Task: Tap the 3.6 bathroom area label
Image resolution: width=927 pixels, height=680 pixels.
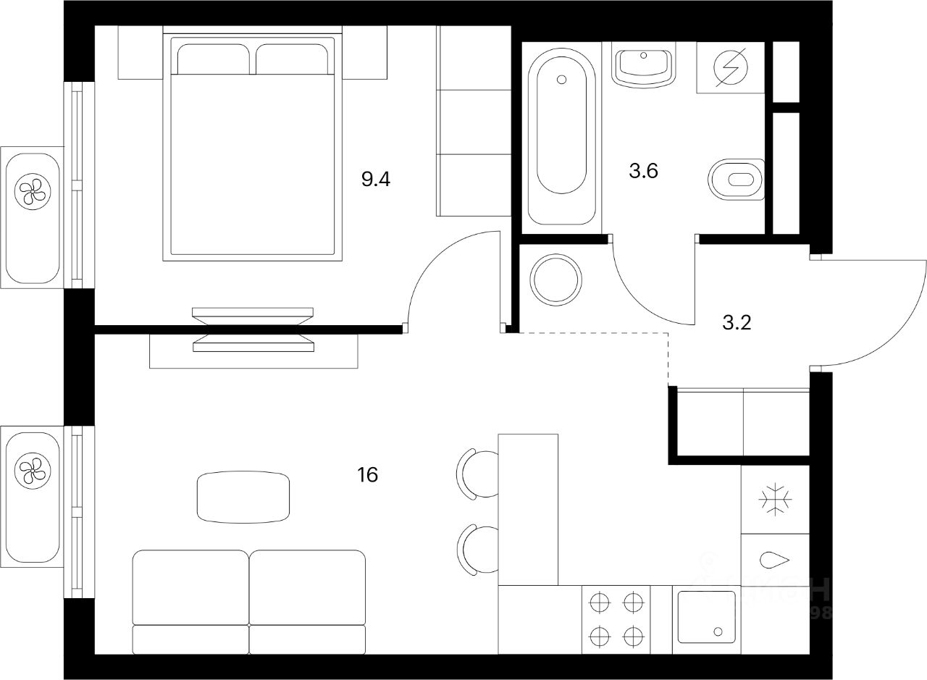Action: click(643, 172)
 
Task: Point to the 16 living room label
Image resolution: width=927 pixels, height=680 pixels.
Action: click(367, 475)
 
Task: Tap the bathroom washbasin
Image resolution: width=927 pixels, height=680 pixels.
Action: click(644, 64)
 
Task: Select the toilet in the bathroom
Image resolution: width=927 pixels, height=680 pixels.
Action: click(735, 179)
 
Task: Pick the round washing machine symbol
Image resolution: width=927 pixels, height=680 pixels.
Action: click(555, 280)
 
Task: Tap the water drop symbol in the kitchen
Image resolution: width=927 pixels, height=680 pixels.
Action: click(774, 559)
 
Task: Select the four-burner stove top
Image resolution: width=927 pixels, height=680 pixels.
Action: click(616, 619)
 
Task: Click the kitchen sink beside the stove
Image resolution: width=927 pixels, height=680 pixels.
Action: click(705, 618)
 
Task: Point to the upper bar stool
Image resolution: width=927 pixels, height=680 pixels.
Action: click(477, 474)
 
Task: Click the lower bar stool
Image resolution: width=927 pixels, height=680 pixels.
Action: click(477, 551)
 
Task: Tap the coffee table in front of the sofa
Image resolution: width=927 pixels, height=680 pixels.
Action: click(243, 497)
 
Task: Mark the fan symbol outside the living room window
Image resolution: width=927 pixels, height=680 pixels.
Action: click(30, 470)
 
